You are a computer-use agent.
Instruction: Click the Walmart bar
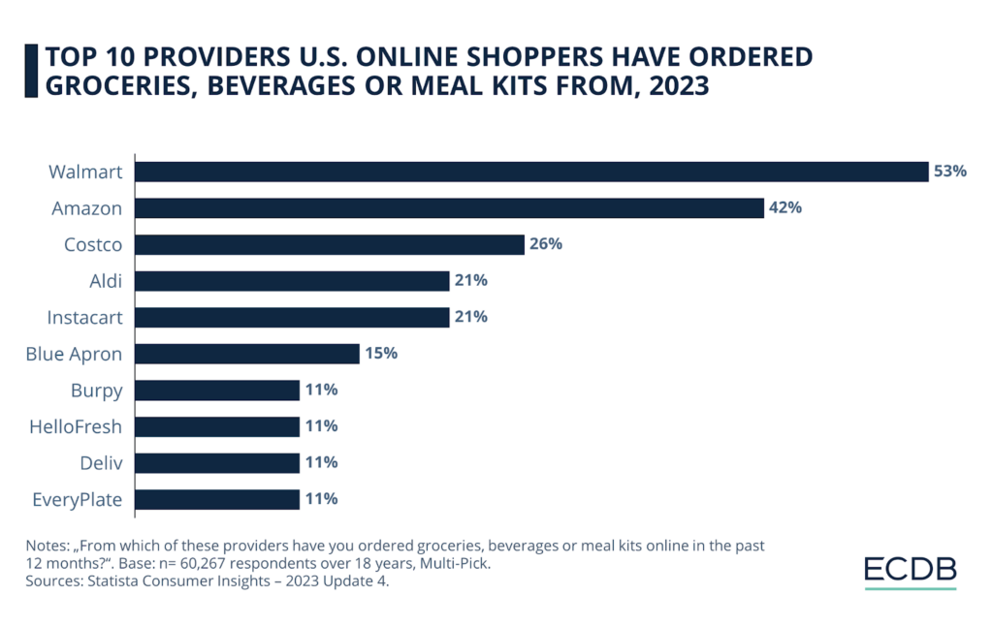pos(531,172)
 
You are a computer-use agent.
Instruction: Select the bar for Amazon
pos(449,208)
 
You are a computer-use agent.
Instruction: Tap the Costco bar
pos(330,244)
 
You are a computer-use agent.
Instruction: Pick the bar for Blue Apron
pos(247,354)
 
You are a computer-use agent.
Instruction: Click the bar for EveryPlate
pos(217,499)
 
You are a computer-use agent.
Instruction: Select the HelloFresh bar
pos(217,426)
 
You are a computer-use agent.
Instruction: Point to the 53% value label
pos(950,172)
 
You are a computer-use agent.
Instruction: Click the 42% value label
pos(785,208)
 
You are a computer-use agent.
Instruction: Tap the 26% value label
pos(545,244)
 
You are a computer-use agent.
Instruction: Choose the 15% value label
pos(380,354)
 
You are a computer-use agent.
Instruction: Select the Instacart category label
pos(85,317)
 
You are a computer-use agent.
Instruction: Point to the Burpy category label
pos(96,391)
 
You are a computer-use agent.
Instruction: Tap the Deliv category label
pos(101,463)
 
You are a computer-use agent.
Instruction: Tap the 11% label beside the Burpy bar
pos(321,391)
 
